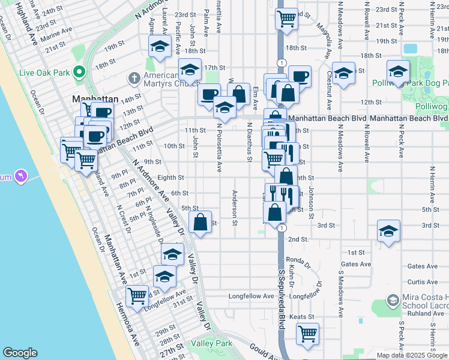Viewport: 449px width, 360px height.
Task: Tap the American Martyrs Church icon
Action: [x=134, y=78]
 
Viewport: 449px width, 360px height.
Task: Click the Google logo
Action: [x=20, y=353]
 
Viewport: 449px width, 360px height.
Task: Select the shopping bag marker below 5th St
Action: [x=200, y=221]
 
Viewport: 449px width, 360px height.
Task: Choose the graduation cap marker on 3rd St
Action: [x=388, y=231]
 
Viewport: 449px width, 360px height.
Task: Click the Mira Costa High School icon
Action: [x=393, y=299]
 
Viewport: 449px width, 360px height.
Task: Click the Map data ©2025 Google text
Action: [x=412, y=355]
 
